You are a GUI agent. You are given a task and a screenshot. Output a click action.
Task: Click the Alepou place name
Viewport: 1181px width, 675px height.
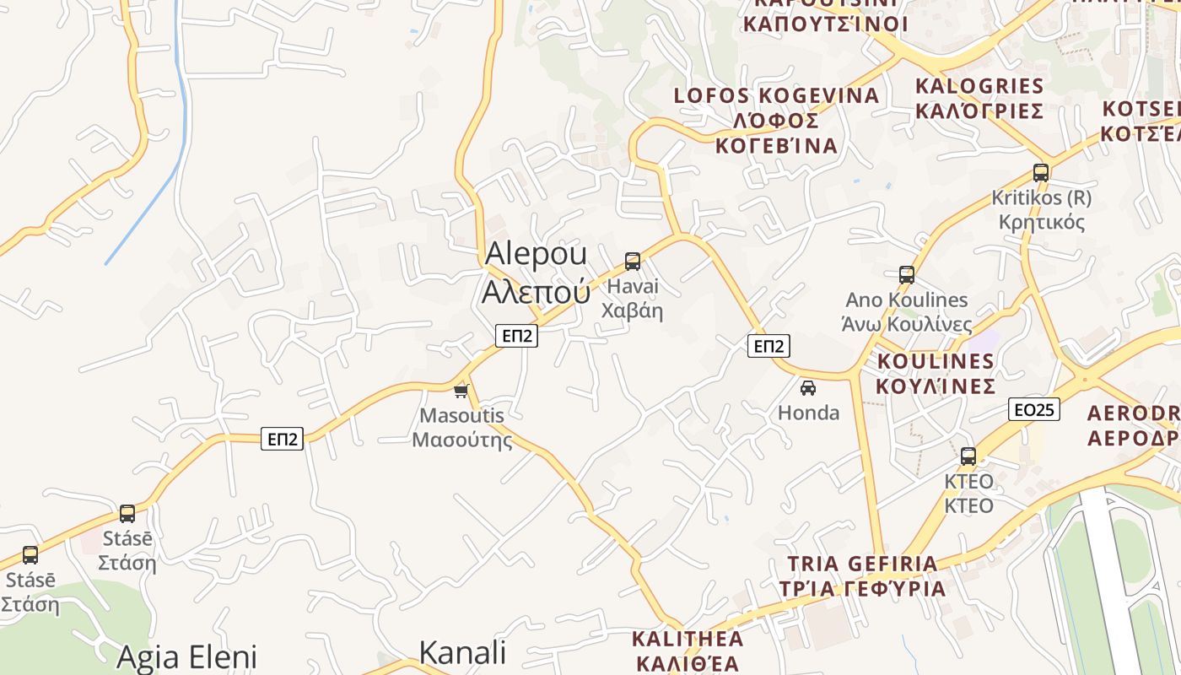(537, 271)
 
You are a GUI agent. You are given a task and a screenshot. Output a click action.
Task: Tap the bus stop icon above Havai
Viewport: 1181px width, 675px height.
(633, 262)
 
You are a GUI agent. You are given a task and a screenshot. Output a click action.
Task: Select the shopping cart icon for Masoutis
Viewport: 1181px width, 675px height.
(461, 391)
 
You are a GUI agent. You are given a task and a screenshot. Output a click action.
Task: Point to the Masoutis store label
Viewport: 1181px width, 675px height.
(461, 427)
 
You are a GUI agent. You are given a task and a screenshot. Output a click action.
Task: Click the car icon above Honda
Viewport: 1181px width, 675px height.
(808, 388)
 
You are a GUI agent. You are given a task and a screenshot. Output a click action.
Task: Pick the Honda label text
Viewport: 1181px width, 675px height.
(808, 413)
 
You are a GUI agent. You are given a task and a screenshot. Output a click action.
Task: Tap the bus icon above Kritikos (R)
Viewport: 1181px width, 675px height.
(1041, 173)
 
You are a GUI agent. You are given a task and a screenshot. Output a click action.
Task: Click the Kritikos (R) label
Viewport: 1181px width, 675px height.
(1041, 210)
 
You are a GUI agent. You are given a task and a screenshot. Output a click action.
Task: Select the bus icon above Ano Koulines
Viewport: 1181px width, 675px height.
(907, 275)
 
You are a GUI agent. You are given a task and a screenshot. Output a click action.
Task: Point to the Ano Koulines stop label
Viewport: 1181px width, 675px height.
(907, 312)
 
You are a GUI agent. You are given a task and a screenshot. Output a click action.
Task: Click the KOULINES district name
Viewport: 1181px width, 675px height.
(936, 374)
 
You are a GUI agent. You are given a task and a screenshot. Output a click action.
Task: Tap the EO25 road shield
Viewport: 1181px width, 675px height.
(1033, 410)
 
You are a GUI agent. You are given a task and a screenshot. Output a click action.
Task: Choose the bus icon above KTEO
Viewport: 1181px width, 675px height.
(968, 456)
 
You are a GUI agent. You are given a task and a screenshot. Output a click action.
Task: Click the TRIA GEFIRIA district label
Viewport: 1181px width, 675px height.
(861, 575)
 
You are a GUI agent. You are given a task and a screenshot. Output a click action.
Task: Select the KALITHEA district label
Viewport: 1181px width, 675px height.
(688, 650)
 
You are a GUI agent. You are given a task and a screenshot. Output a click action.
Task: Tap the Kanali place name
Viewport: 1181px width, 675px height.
(462, 652)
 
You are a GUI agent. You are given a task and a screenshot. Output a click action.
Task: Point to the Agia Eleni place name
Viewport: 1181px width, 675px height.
(186, 656)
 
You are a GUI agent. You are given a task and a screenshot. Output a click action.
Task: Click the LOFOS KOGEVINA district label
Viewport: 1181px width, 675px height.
(776, 121)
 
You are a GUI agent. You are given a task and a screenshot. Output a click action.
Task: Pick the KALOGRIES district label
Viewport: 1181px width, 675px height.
(979, 98)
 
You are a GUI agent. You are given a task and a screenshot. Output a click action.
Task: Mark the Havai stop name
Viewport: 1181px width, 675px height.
(632, 298)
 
